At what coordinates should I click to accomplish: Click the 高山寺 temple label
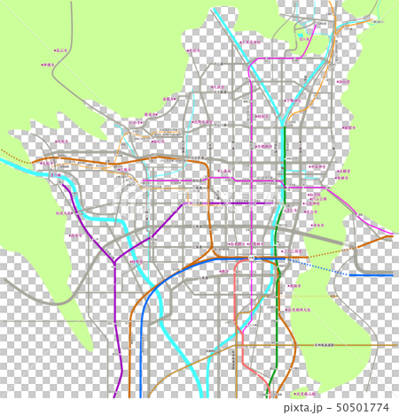(62, 52)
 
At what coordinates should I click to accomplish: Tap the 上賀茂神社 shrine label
(255, 42)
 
